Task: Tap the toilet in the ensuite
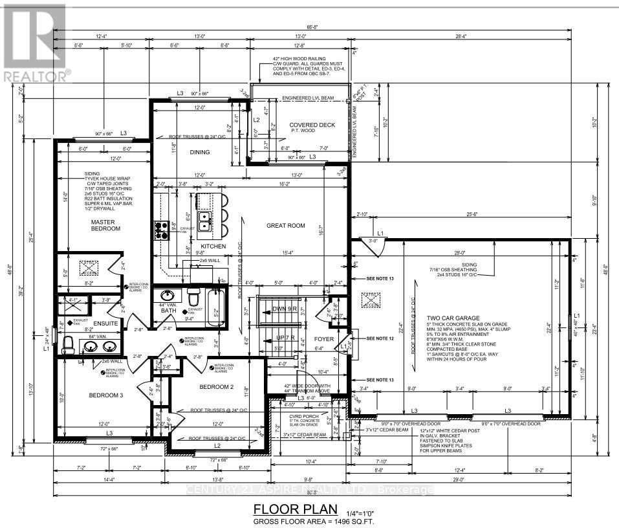(67, 348)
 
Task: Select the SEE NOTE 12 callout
(380, 338)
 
